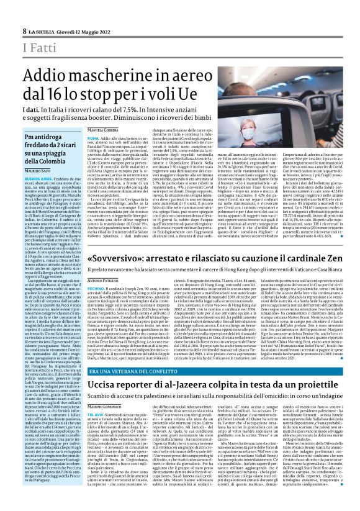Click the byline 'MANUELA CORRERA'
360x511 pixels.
pyautogui.click(x=102, y=129)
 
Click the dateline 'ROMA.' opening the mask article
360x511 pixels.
pyautogui.click(x=94, y=138)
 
